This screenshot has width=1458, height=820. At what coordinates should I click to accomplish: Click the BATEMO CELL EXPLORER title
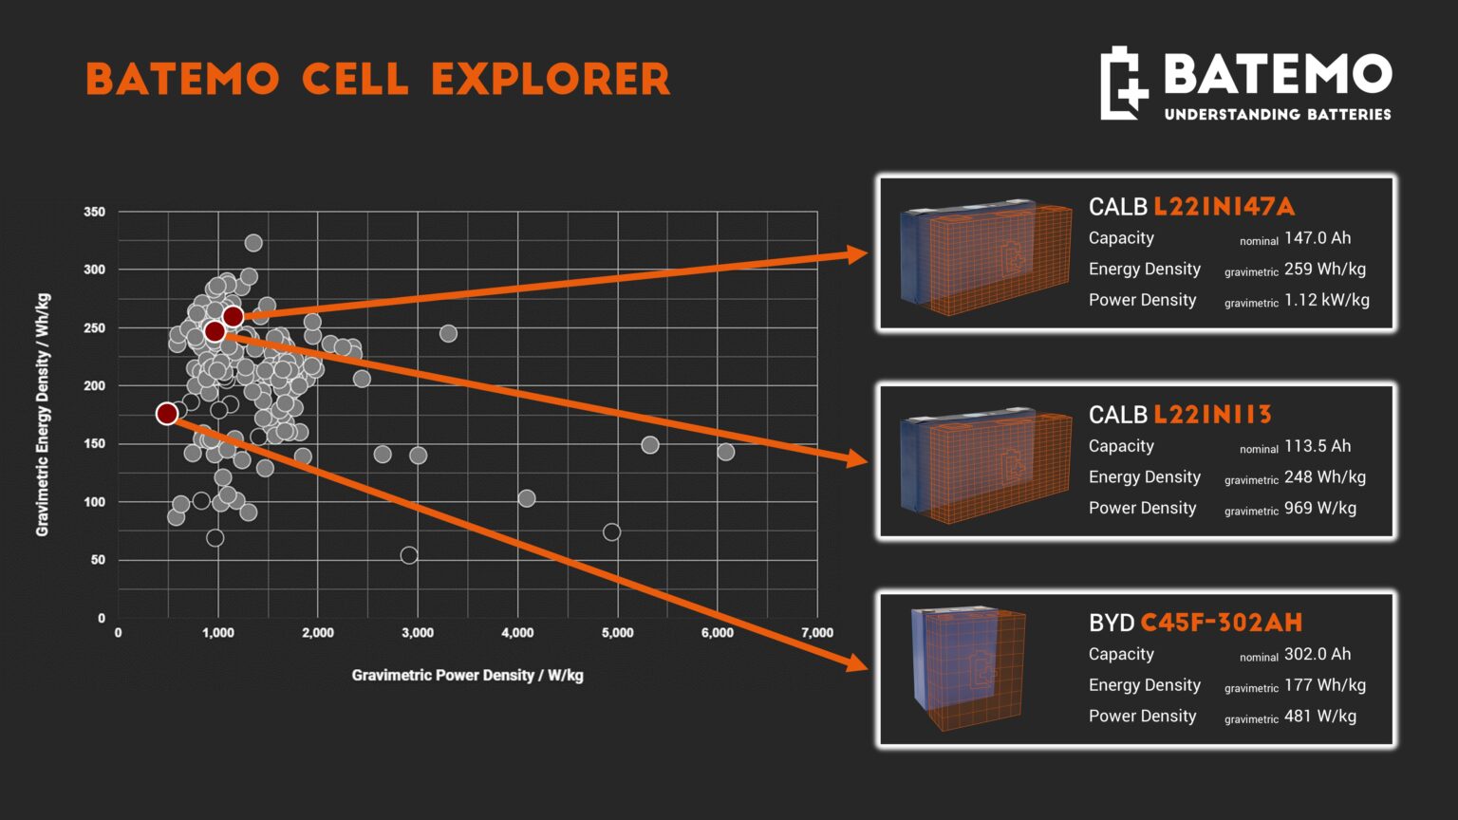[x=378, y=80]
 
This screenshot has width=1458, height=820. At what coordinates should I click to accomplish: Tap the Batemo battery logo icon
[x=1123, y=84]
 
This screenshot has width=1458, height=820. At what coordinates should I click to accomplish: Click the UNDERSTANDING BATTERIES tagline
[x=1277, y=114]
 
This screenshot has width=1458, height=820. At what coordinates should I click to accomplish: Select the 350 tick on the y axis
[x=95, y=212]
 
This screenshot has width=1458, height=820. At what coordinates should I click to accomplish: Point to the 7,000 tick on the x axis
[x=816, y=633]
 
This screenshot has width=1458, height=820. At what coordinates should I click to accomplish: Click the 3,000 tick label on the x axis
[x=417, y=633]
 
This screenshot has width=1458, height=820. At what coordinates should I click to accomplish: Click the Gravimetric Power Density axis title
[x=467, y=675]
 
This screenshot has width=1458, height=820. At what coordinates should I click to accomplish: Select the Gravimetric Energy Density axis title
[x=43, y=415]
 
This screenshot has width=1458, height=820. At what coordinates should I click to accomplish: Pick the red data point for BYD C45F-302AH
[x=167, y=414]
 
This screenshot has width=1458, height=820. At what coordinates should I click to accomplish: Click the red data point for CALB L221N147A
[x=233, y=317]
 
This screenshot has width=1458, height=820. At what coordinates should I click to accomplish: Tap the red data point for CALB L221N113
[x=215, y=331]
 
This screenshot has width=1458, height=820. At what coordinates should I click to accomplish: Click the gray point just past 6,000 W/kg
[x=725, y=452]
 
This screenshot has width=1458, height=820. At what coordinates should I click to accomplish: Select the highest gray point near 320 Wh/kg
[x=253, y=243]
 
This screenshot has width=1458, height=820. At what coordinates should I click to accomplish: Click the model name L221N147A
[x=1224, y=207]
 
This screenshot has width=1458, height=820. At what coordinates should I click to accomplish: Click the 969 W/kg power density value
[x=1319, y=508]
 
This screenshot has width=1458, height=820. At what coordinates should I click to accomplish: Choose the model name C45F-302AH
[x=1221, y=623]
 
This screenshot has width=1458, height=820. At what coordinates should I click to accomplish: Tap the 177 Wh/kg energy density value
[x=1324, y=685]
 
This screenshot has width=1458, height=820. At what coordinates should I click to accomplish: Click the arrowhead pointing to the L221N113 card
[x=857, y=459]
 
